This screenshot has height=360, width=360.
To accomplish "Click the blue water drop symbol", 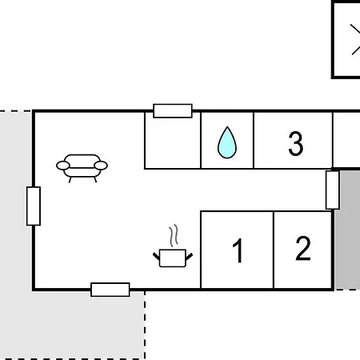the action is pos(227,142).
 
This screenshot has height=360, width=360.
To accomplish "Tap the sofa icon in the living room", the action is pos(82,168).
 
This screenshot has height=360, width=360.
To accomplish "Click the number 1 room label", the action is pos(238,250).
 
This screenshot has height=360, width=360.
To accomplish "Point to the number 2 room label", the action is pos(303,248).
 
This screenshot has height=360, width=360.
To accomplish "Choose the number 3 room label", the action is pos(296,143).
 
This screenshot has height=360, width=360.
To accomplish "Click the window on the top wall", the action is pos(173,111).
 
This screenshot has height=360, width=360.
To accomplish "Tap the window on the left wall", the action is pos(34,206).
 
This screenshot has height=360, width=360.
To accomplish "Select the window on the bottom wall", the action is pos(110,290).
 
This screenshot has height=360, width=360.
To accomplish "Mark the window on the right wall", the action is pos(333,190).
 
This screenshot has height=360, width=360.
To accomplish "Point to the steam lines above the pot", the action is pos(174,235).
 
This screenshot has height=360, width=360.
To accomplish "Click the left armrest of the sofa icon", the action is pos(63,166).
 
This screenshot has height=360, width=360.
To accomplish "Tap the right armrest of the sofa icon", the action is pos(101,166).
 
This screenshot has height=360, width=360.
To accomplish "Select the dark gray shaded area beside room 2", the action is pos(348,230).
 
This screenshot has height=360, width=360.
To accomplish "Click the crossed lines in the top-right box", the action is pos(355,39).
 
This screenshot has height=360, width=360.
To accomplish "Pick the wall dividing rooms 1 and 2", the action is pos(274,250).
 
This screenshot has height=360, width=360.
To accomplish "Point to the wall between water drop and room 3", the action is pos(254,140).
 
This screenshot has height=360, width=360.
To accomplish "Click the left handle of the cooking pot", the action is pos(157,257).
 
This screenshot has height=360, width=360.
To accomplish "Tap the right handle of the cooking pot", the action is pos(189,257).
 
